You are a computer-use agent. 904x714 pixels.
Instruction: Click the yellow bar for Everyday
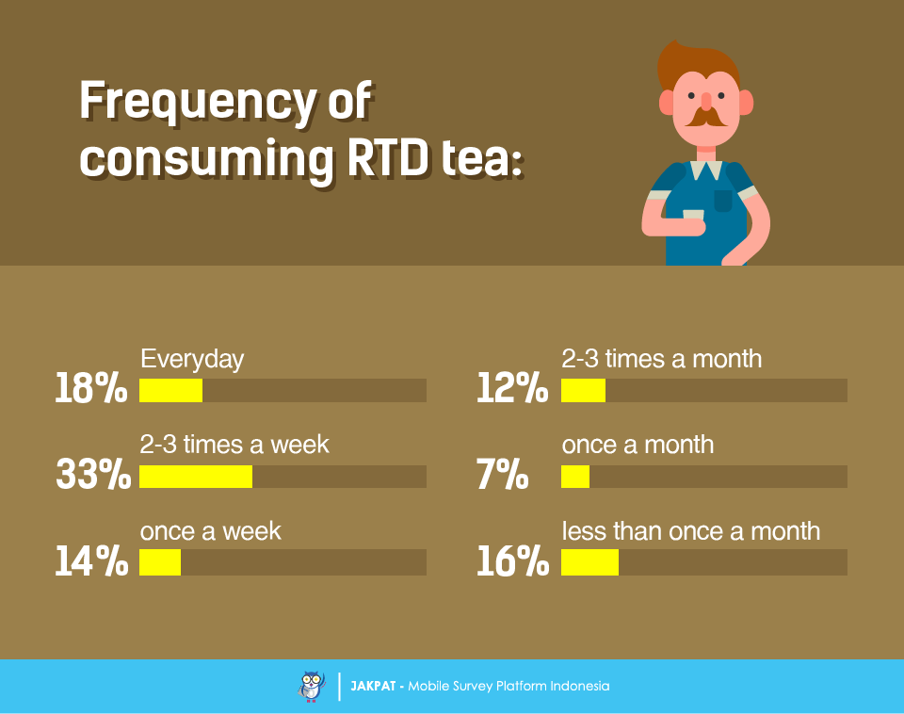[x=170, y=391]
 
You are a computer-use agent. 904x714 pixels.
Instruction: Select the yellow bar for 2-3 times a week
[x=196, y=477]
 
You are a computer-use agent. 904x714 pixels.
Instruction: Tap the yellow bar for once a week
[x=160, y=562]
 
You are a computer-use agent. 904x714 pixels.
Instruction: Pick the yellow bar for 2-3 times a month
[x=583, y=391]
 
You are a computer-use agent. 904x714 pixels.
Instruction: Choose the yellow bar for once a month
[x=575, y=477]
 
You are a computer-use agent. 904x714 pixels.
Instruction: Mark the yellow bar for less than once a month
[x=589, y=562]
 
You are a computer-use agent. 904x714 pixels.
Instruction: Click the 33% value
[x=92, y=476]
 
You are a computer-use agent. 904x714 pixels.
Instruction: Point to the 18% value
[x=91, y=389]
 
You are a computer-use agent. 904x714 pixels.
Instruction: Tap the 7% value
[x=502, y=476]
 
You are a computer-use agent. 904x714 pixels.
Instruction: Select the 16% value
[x=512, y=562]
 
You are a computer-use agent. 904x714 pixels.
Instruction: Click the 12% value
[x=512, y=389]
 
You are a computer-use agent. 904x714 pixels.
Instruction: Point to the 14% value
[x=91, y=562]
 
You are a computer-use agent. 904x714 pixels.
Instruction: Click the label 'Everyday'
[x=192, y=360]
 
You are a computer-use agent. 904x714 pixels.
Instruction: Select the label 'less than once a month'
[x=690, y=531]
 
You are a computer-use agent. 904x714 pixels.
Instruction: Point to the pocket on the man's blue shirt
[x=722, y=201]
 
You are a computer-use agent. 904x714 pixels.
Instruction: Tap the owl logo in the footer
[x=312, y=686]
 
